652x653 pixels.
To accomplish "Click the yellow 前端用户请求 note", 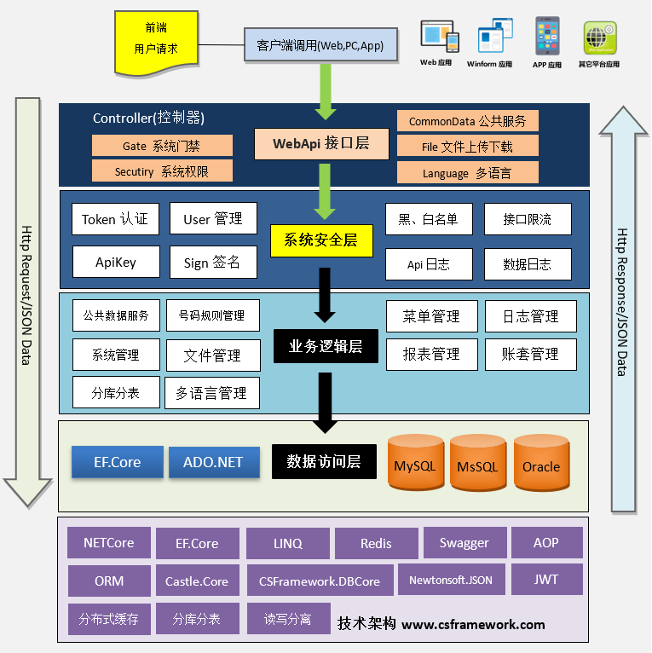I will (x=156, y=40).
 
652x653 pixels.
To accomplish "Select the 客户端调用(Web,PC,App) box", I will (x=320, y=45).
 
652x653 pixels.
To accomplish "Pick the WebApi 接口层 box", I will (x=321, y=143).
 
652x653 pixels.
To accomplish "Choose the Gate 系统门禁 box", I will (x=162, y=146).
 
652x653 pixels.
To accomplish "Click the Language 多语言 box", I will (x=467, y=172).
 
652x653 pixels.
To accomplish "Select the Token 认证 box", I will (x=115, y=219).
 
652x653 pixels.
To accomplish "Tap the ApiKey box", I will (x=115, y=263).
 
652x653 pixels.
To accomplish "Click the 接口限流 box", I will (x=528, y=219).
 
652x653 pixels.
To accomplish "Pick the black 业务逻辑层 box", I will (x=326, y=346).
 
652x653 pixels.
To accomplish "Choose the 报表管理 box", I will (x=432, y=354).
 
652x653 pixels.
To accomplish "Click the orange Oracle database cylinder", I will (x=541, y=464).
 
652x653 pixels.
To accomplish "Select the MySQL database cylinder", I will (x=415, y=464).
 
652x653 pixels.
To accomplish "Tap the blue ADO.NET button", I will (x=213, y=462).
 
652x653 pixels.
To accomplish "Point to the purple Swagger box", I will (x=464, y=543).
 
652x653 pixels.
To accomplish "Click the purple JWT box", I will (x=546, y=580).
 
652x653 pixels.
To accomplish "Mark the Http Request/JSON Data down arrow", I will (x=28, y=298).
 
